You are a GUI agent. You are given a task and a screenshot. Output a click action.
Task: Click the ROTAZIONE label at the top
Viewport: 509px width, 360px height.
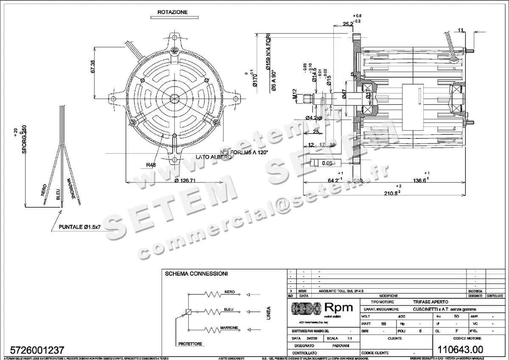coord(172,12)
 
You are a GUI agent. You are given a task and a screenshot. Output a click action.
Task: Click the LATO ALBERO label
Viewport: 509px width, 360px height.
coord(214,157)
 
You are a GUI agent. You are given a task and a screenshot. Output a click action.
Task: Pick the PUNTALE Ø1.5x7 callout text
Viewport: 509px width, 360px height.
coord(79,228)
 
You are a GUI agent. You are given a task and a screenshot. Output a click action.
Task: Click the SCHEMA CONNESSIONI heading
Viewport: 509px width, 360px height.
coord(196,274)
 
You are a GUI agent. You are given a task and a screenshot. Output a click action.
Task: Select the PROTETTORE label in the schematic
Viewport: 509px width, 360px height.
coord(190,343)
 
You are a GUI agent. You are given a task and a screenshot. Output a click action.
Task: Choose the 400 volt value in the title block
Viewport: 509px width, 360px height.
coord(400,316)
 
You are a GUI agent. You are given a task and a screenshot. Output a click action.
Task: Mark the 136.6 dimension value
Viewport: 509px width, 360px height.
coord(420,180)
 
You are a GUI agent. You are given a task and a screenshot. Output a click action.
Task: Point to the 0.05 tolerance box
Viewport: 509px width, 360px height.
coord(327,163)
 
